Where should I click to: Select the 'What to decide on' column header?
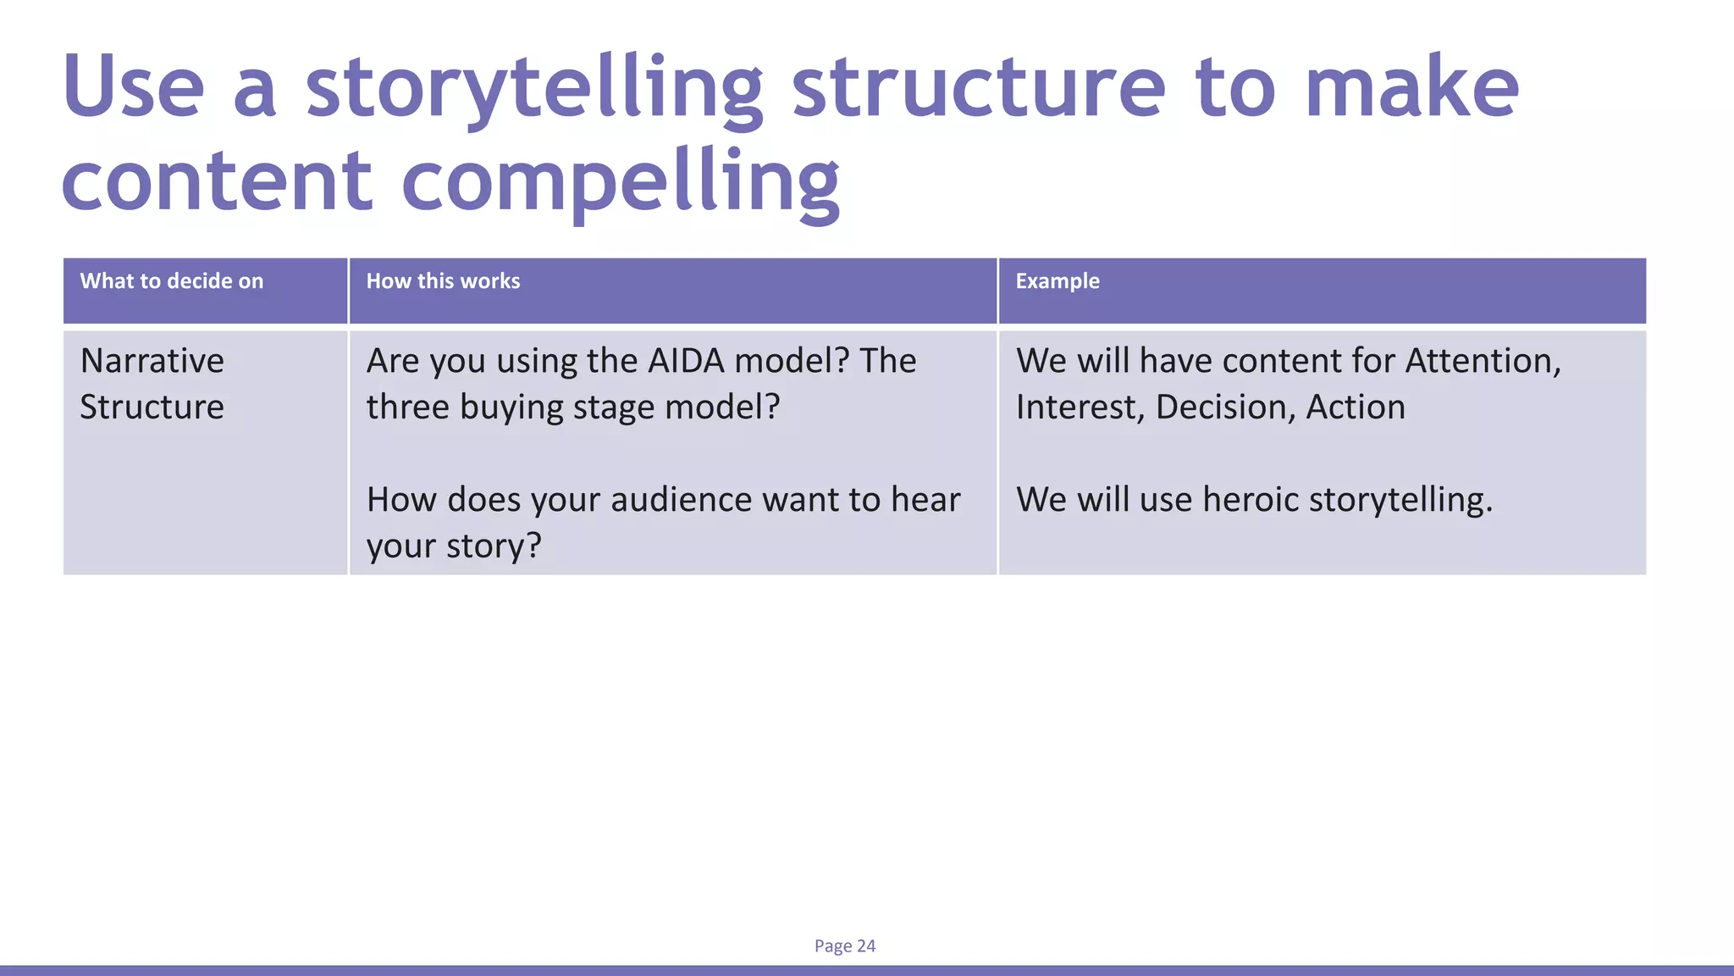172,281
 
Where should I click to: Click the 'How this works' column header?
443,281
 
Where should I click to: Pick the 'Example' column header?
1058,281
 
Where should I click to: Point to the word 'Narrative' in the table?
152,361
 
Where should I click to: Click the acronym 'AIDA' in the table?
686,361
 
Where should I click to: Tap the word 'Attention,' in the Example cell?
1483,361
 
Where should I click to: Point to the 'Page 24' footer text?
845,945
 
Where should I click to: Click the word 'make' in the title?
1411,87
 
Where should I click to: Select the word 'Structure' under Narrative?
152,408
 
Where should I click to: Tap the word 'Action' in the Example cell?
1356,408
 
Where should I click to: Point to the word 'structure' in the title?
979,87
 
